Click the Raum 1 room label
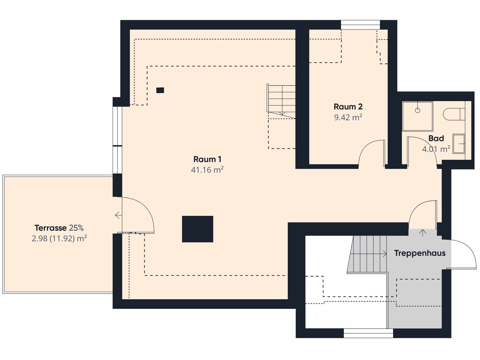coord(207,159)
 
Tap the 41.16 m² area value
coord(207,170)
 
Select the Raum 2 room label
coord(348,107)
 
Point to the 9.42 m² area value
coord(348,117)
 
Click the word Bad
coord(436,138)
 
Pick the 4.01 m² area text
coord(436,149)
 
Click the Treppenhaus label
coord(420,253)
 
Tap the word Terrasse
coord(51,228)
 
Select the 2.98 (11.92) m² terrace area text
coord(59,239)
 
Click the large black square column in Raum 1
coord(197,229)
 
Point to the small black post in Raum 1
coord(160,90)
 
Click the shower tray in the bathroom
coord(418,117)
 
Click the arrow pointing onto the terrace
coord(118,215)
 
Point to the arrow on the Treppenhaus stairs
coord(368,254)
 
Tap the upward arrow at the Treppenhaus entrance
coord(423,233)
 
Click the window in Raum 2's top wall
coord(360,25)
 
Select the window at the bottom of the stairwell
coord(368,333)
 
